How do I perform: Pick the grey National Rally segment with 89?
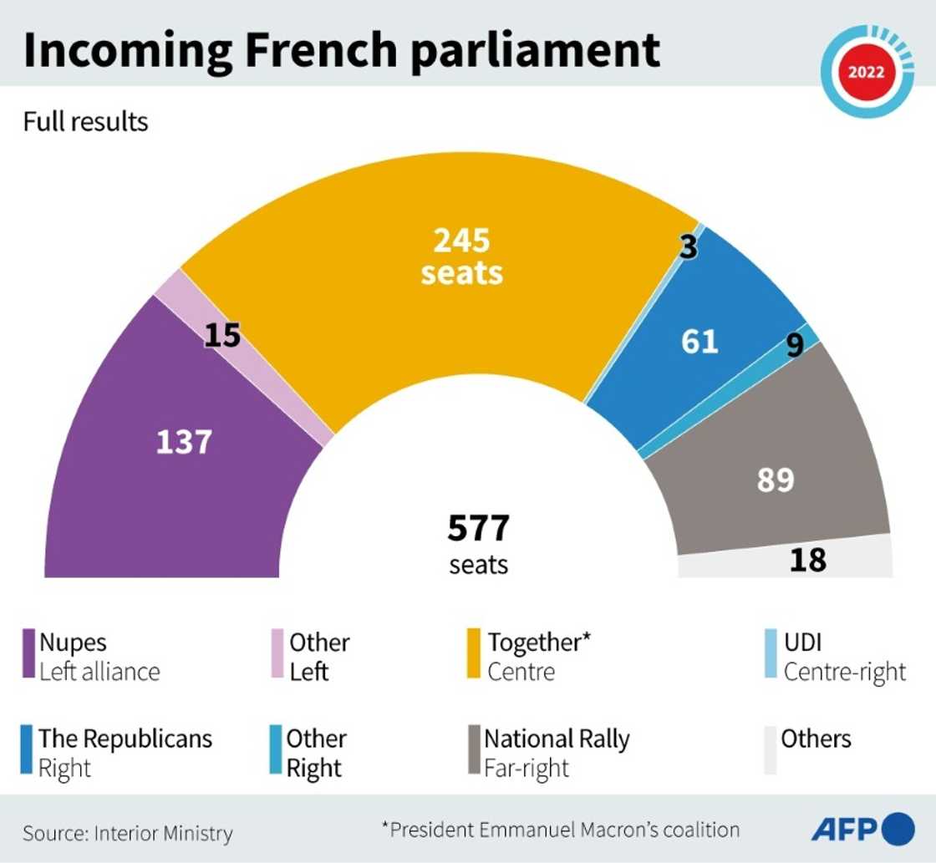tap(775, 480)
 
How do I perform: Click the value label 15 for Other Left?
tap(222, 335)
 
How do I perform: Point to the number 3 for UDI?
tap(687, 248)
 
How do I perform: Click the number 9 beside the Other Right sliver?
tap(794, 343)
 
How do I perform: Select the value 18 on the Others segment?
tap(807, 560)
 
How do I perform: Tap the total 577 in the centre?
tap(478, 529)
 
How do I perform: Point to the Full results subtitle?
tap(85, 122)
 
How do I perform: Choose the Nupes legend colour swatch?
tap(29, 657)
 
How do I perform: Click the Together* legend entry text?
tap(539, 642)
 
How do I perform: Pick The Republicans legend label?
tap(125, 739)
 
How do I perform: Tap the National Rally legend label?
tap(557, 739)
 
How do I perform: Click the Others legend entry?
tap(816, 739)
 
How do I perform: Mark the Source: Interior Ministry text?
tap(128, 833)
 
